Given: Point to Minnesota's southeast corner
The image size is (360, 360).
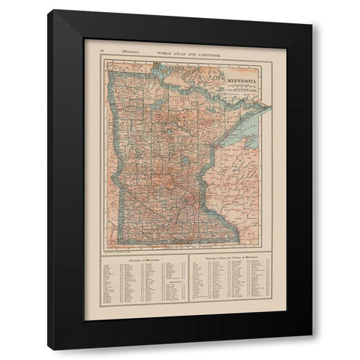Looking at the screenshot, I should coord(238,242).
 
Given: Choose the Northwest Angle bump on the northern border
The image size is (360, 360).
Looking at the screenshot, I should coord(154,62).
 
